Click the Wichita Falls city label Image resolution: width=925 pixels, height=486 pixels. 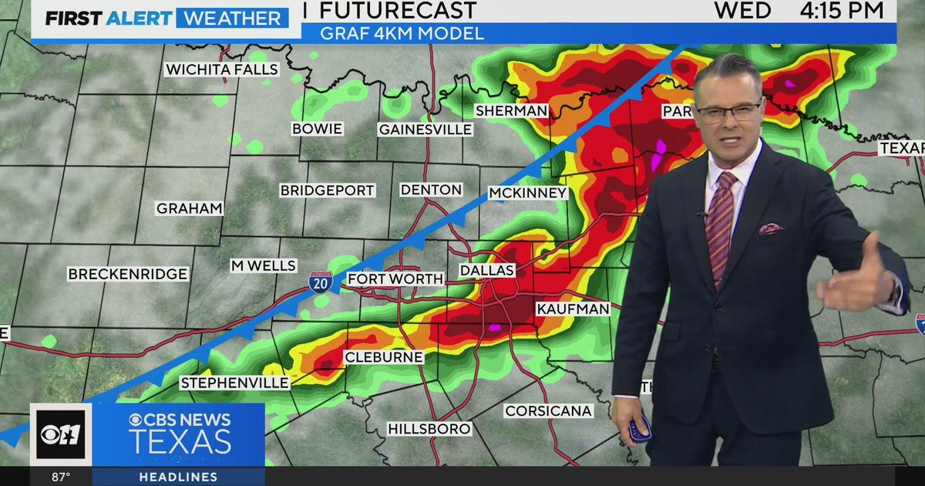[221, 69]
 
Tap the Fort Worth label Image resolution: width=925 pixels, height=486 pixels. [395, 278]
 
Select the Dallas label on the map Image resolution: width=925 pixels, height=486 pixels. [486, 271]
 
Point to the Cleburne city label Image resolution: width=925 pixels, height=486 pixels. [383, 357]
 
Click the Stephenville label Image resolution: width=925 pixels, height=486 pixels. [234, 383]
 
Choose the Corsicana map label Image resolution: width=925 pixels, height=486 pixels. [548, 411]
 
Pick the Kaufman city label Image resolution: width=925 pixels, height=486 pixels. [573, 309]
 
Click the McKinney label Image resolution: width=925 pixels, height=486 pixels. [527, 193]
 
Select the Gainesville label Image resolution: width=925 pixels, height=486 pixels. [425, 130]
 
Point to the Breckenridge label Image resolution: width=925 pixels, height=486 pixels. [127, 274]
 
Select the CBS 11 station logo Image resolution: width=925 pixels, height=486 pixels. [61, 434]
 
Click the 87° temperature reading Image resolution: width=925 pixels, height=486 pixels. [61, 477]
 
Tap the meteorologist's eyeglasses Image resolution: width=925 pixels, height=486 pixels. [728, 113]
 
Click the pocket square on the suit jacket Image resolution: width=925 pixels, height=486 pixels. [771, 229]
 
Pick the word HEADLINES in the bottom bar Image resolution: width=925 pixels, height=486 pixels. [178, 477]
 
